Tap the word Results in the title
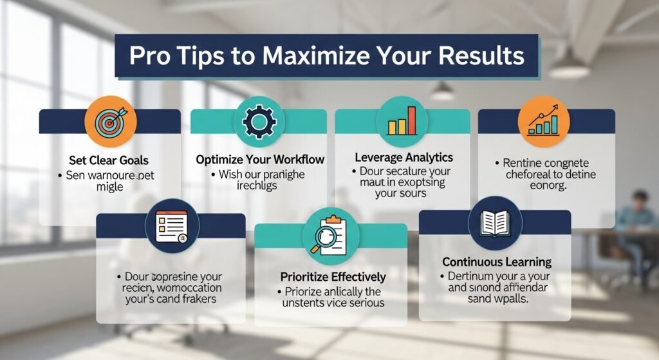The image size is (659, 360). (481, 57)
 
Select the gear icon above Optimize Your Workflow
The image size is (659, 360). (259, 120)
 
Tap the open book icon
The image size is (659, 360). (495, 223)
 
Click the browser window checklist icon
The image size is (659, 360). (171, 225)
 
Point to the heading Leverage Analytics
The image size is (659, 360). (404, 157)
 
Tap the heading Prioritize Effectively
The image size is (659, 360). (333, 277)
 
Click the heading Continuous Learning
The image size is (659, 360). (496, 262)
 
